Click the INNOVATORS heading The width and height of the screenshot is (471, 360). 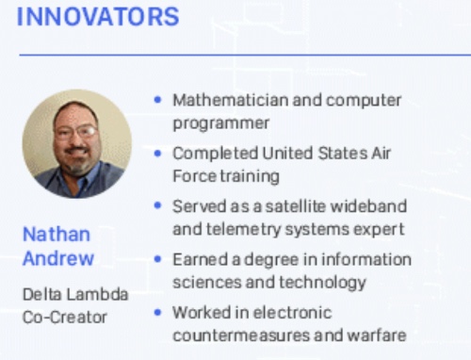coord(98,17)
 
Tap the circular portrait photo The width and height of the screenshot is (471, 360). coord(76,143)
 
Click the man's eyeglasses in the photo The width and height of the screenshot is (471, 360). coord(76,132)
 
